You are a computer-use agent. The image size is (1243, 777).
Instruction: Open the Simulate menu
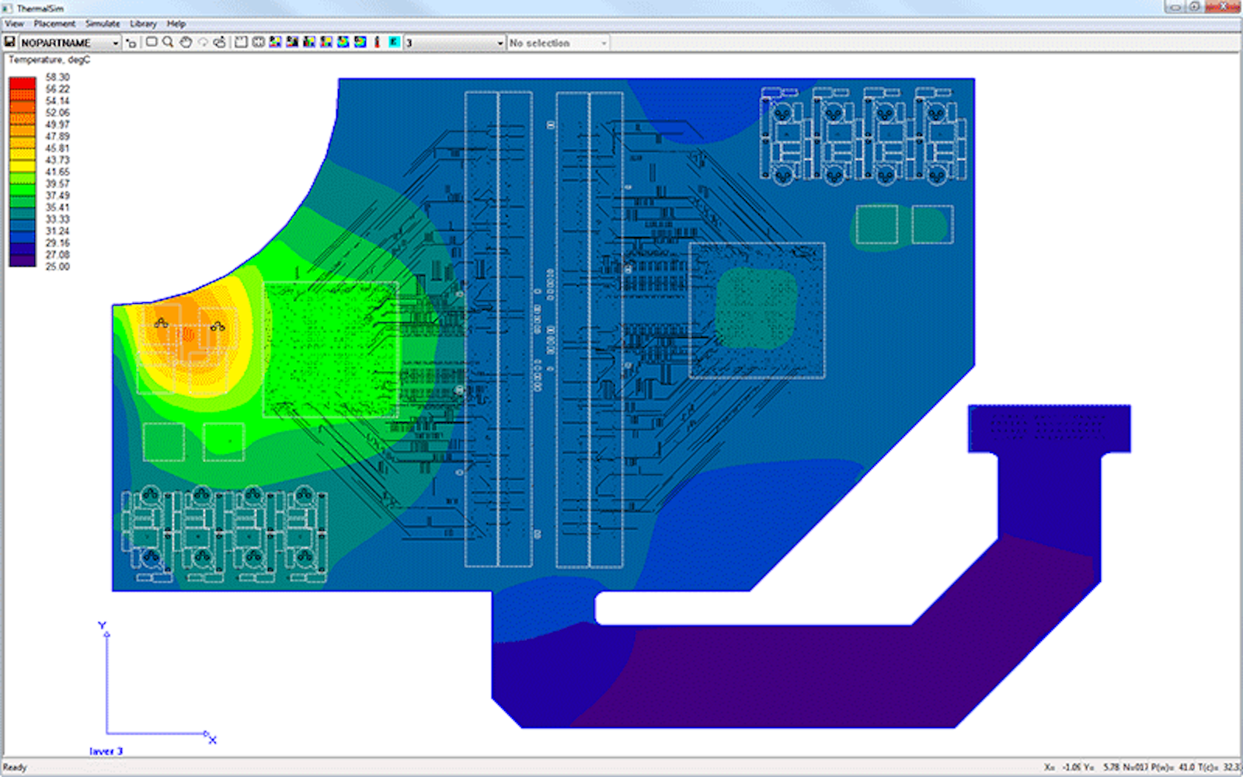coord(103,24)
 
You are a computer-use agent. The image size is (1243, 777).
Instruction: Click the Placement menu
coord(54,24)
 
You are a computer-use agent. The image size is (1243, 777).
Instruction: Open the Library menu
coord(143,24)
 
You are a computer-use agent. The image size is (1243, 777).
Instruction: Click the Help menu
coord(176,24)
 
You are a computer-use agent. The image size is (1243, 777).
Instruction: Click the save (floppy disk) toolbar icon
coord(10,42)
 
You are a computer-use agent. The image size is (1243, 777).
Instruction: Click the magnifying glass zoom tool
coord(168,42)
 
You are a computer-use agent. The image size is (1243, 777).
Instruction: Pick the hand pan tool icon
coord(186,42)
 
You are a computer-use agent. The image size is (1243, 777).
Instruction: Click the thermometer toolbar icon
coord(377,42)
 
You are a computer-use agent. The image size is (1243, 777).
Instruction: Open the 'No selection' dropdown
coord(558,43)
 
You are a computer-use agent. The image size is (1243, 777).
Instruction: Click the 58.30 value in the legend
coord(57,77)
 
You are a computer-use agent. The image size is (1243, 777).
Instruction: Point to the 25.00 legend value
coord(57,267)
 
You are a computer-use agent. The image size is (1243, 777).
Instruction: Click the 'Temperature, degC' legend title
coord(49,60)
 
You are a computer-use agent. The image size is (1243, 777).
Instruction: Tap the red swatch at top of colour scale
coord(23,82)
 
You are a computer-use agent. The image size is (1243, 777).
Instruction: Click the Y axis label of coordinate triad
coord(102,625)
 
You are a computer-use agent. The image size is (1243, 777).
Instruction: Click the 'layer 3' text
coord(106,751)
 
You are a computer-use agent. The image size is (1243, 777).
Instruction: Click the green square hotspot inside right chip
coord(755,308)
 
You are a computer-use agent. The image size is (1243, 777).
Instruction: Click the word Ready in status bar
coord(15,768)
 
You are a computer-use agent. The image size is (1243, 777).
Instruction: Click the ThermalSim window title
coord(40,9)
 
